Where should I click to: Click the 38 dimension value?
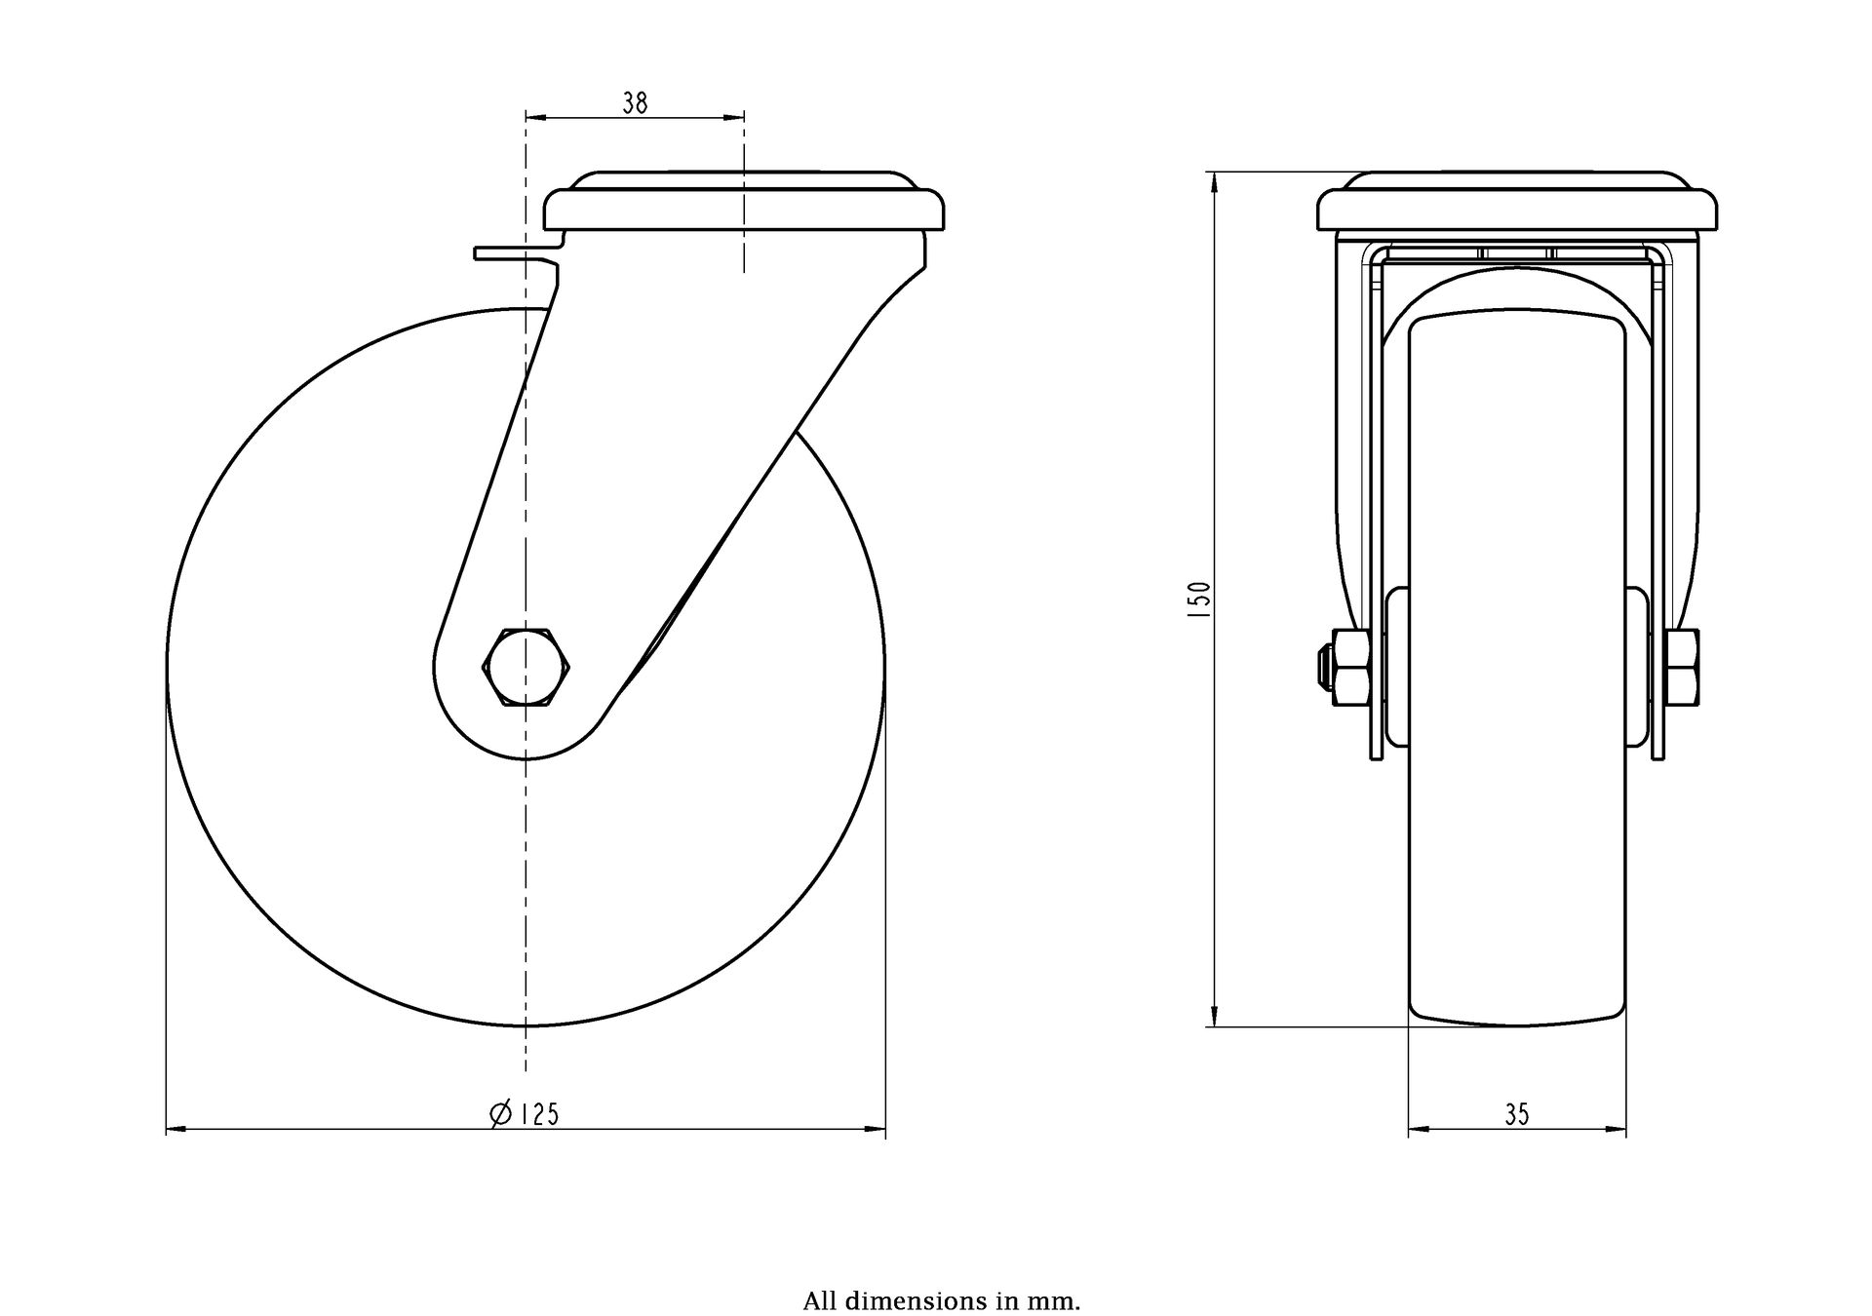coord(635,102)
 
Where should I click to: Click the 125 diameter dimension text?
coord(538,1113)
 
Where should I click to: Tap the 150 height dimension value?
coord(1201,594)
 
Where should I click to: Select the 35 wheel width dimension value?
coord(1517,1114)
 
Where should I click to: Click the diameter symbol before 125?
coord(500,1113)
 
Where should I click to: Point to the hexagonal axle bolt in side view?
coord(526,668)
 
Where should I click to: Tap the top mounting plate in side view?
coord(745,202)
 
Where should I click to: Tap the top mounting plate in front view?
coord(1517,202)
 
